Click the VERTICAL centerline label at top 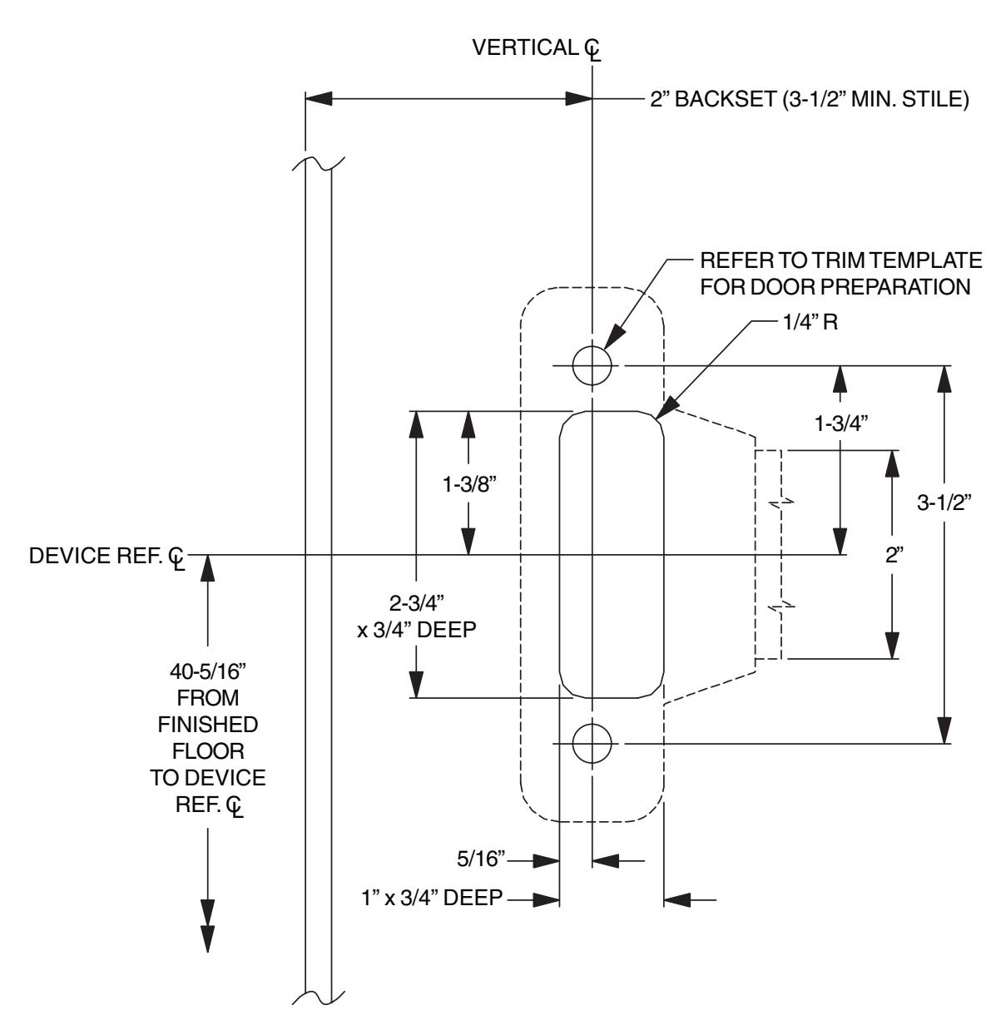536,48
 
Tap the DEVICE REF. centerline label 107,557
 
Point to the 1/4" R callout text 810,322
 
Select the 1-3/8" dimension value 469,484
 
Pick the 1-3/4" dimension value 841,423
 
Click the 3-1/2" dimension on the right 944,502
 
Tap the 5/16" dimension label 481,859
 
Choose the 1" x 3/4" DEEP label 432,897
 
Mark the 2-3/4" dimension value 417,603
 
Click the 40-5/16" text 208,671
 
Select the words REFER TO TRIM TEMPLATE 841,260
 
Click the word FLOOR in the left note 208,751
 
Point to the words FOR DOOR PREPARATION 835,287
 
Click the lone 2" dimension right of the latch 894,555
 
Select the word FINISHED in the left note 208,725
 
